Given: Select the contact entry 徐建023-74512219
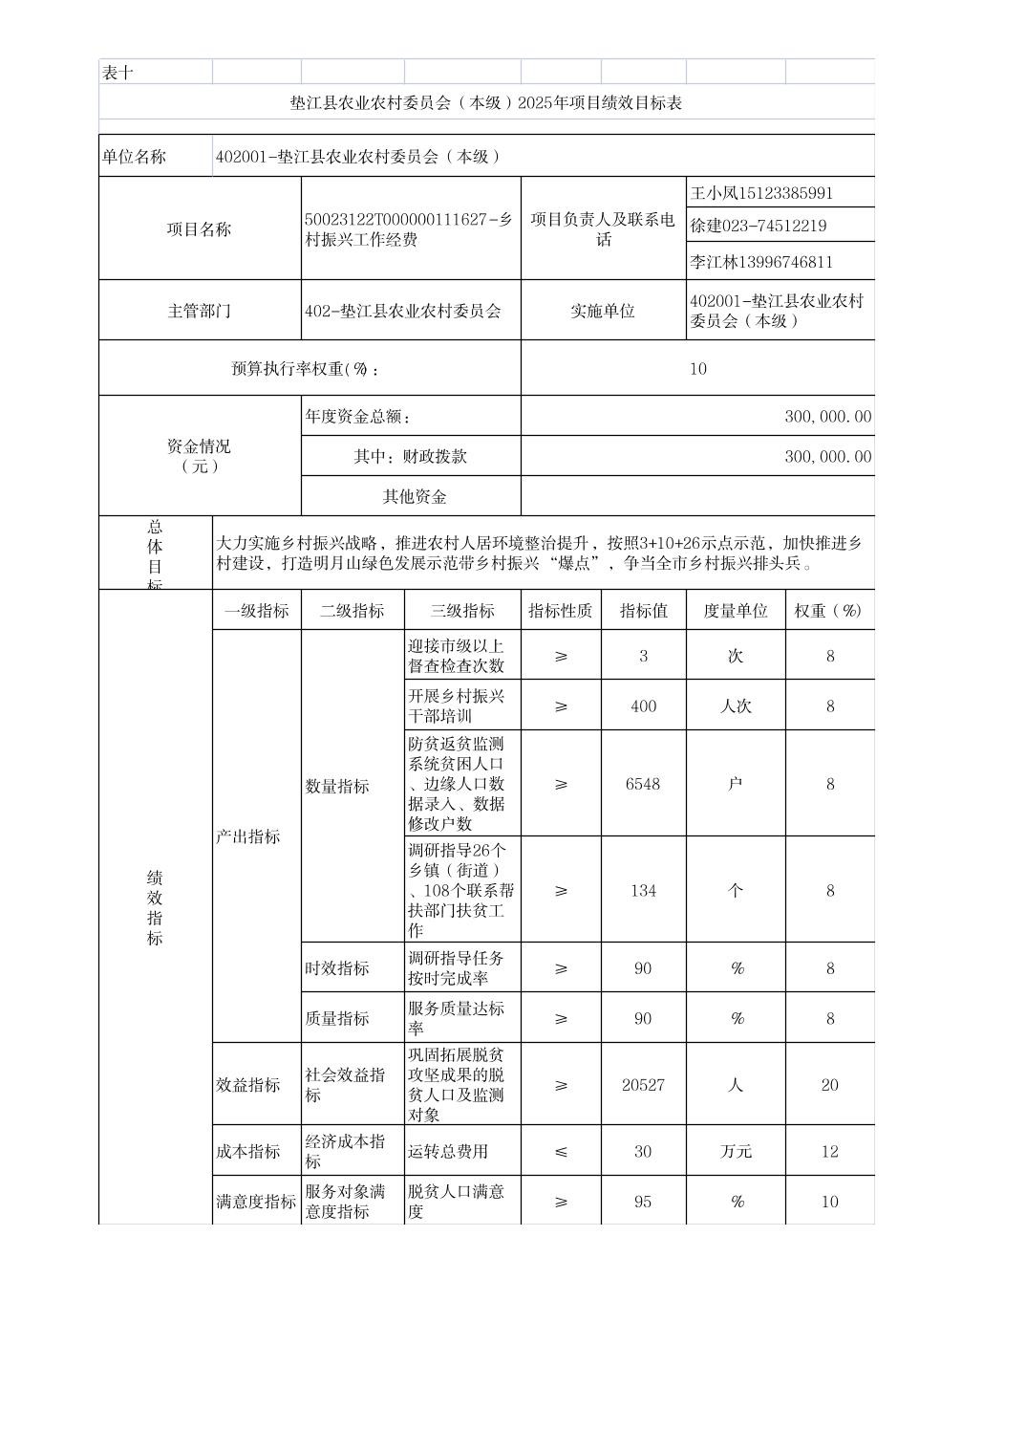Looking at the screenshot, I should (759, 227).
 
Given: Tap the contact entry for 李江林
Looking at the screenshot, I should (761, 262).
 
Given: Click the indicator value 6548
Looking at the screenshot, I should (643, 784).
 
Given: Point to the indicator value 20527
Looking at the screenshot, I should (643, 1085).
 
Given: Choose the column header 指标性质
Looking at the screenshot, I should (561, 611).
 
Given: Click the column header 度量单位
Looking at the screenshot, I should (736, 611).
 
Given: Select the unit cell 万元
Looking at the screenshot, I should (736, 1152).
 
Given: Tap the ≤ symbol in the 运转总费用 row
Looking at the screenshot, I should (561, 1152).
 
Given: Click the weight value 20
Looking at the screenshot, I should (829, 1085).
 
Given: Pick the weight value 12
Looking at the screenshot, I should (829, 1152).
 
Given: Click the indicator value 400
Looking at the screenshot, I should (643, 706).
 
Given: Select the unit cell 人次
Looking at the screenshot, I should (736, 706).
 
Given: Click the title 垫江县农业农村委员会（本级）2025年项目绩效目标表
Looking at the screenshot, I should (486, 103).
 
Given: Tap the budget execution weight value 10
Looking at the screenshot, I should (698, 369).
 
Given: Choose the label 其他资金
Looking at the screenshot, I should (415, 497).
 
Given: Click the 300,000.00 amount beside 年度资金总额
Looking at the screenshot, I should (827, 417).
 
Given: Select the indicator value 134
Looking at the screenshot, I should (643, 891).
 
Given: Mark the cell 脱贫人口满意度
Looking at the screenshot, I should (457, 1202).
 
